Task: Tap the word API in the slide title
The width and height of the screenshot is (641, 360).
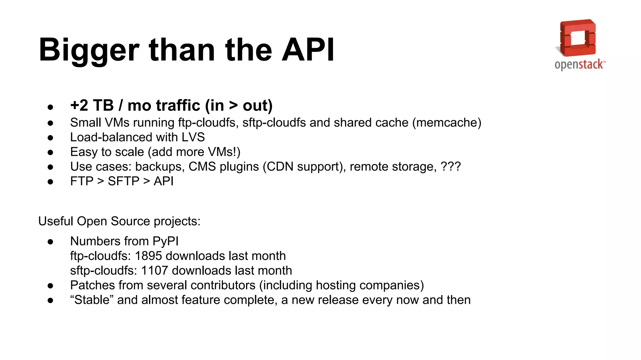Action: (308, 50)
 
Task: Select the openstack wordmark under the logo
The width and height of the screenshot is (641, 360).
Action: (579, 65)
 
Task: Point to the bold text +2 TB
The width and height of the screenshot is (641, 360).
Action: (92, 106)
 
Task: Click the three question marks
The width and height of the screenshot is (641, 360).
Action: (450, 167)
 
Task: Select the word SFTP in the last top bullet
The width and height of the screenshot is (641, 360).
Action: (123, 182)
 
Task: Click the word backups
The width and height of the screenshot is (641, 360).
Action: (158, 167)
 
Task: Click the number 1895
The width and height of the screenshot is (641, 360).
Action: (148, 256)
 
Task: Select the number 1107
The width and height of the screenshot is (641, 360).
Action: (154, 271)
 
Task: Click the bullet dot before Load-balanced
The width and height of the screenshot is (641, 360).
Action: (50, 138)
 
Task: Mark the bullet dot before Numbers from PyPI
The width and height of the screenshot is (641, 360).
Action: (50, 242)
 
